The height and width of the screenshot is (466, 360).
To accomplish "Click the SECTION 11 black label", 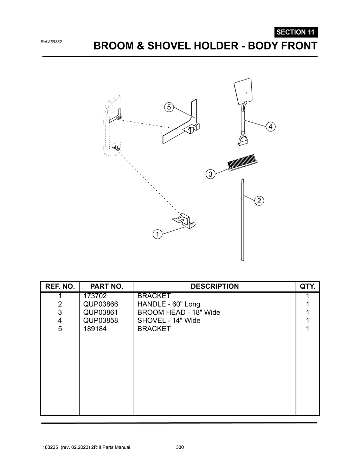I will (x=296, y=32).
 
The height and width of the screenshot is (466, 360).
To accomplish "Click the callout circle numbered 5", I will (x=169, y=107).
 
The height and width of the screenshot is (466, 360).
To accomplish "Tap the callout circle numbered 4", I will (x=270, y=127).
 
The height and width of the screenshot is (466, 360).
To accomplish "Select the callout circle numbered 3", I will (x=210, y=174).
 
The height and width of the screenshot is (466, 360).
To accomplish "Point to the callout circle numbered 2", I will (x=259, y=201).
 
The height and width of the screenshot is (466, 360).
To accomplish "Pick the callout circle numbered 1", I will (x=157, y=234).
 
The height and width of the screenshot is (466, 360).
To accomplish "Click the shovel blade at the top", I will (x=244, y=90).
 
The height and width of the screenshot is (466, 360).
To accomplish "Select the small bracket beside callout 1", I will (x=184, y=221).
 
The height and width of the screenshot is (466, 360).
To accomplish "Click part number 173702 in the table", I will (x=95, y=296).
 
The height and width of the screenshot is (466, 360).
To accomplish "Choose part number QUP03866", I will (x=101, y=304).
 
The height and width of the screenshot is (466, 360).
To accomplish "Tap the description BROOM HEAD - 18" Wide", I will (x=179, y=312).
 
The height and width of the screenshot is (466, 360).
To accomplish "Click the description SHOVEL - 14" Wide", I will (x=169, y=320).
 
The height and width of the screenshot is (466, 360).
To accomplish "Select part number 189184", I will (x=95, y=329).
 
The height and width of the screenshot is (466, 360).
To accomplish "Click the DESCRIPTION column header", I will (x=214, y=286).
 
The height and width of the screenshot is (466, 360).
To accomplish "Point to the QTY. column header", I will (x=307, y=286).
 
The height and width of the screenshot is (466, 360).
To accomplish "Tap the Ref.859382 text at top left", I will (x=51, y=42).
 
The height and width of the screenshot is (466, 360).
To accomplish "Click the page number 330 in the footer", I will (x=180, y=447).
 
